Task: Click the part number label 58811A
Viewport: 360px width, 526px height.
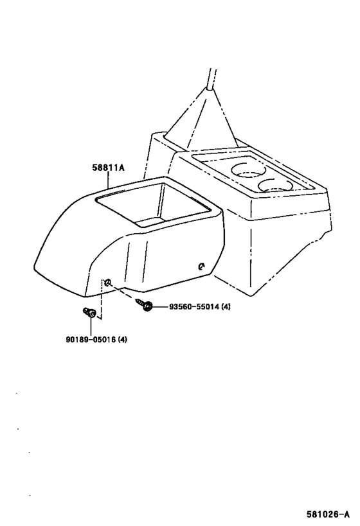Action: tap(108, 168)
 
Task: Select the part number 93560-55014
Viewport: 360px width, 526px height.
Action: tap(194, 306)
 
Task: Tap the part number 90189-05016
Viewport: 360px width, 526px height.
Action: tap(91, 340)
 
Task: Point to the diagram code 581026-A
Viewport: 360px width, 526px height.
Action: tap(328, 514)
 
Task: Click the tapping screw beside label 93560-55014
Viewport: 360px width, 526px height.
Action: tap(145, 304)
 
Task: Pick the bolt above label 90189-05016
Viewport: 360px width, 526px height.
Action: tap(89, 313)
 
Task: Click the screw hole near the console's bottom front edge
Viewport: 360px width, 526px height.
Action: tap(108, 283)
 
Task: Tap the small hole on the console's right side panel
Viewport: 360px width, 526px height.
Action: tap(201, 267)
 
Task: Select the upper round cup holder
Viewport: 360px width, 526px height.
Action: tap(248, 170)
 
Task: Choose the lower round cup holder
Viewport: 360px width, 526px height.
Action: tap(275, 186)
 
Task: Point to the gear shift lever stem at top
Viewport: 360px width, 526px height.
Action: tap(212, 79)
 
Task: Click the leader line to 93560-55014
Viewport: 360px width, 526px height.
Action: tap(161, 306)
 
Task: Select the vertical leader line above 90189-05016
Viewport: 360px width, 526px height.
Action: tap(91, 326)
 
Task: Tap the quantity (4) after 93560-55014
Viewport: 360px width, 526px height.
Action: tap(226, 306)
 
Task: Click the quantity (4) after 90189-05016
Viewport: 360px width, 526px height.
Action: tap(123, 340)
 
